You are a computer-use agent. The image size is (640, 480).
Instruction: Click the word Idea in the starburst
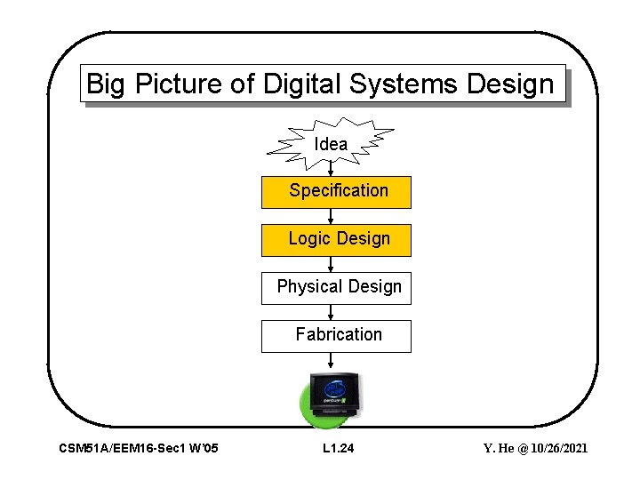tap(331, 144)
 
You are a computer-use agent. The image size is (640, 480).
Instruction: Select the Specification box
tap(336, 191)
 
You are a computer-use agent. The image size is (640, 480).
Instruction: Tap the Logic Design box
tap(336, 239)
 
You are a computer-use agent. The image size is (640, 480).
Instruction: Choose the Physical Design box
tap(336, 287)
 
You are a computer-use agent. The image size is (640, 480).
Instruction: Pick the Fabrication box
tap(336, 335)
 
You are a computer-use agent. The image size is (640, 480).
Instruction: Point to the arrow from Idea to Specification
tap(331, 169)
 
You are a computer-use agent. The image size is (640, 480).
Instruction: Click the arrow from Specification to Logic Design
tap(331, 216)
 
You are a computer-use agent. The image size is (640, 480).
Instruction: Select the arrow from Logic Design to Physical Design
tap(331, 264)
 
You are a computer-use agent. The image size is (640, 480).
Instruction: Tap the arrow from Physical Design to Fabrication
tap(331, 312)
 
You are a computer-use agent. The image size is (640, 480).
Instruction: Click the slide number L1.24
tap(338, 449)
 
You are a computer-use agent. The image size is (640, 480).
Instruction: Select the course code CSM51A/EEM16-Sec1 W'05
tap(138, 449)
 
